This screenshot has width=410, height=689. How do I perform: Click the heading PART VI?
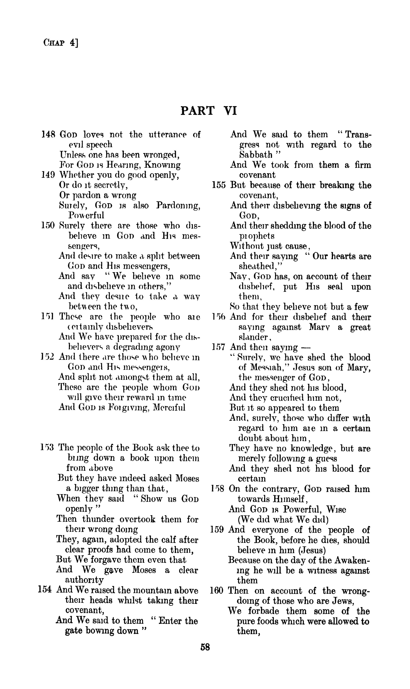[x=209, y=111]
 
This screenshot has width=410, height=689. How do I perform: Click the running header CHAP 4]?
[x=61, y=43]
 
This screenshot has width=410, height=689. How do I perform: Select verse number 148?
[x=49, y=134]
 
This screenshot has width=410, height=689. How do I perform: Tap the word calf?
[x=162, y=540]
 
